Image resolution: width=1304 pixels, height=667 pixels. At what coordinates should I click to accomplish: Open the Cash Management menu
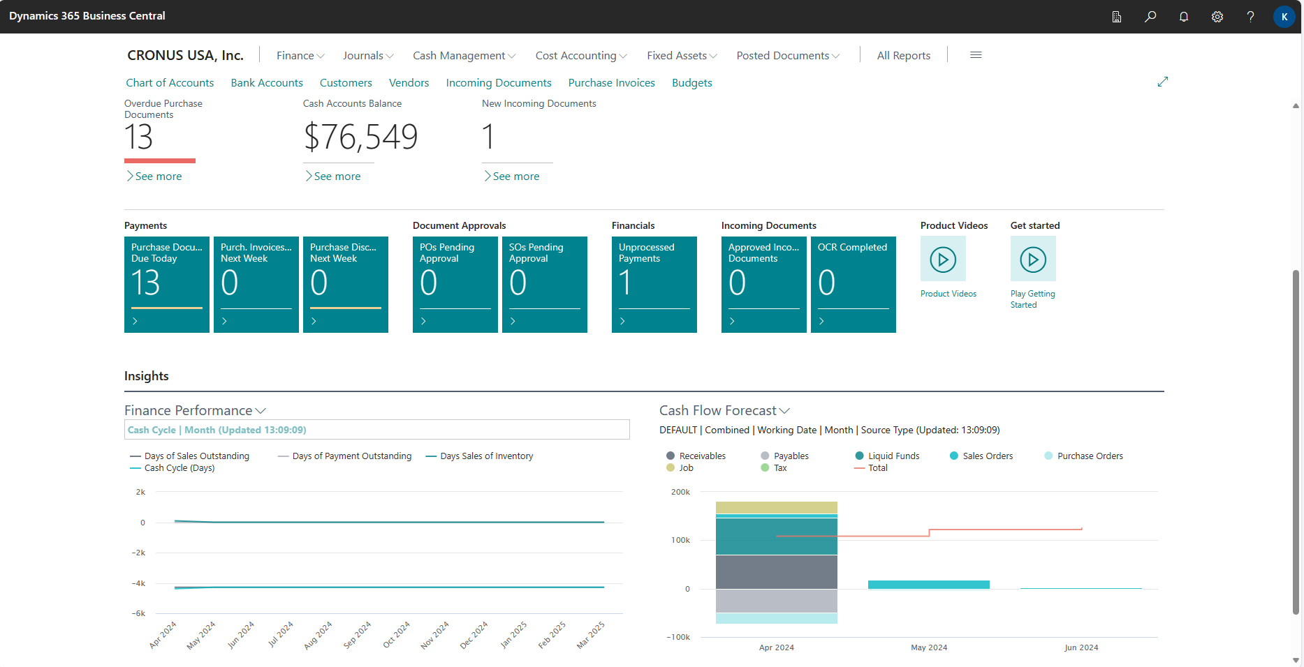(464, 56)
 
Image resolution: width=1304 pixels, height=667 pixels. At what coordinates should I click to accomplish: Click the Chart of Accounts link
(170, 83)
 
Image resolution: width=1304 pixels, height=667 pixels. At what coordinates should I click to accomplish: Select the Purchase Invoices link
(611, 83)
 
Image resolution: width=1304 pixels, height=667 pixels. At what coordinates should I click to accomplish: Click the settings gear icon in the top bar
(1217, 17)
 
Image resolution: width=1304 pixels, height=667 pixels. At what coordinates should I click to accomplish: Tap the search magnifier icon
(1150, 17)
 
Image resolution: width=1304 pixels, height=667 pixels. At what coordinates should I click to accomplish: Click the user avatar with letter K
(1284, 17)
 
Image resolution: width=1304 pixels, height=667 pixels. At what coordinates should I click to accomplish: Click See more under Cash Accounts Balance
(337, 177)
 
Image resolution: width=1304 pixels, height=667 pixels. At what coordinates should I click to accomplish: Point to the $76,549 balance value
(360, 137)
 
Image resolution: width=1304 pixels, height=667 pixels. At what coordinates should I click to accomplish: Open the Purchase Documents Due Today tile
(167, 284)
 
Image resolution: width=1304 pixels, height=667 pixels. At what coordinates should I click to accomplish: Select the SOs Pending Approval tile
(545, 284)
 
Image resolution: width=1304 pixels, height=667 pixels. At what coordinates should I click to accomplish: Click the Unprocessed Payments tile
(654, 284)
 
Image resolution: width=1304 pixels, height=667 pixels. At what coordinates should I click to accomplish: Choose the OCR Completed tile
(854, 284)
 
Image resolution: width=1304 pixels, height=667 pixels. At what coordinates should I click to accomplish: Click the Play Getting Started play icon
(1033, 260)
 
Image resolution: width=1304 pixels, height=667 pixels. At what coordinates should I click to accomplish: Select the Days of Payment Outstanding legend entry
(351, 456)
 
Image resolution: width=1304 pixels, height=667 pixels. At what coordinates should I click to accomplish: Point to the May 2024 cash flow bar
(928, 585)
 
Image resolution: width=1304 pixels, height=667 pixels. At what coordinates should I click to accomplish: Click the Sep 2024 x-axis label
(358, 636)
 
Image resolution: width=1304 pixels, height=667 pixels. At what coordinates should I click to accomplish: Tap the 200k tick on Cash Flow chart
(680, 492)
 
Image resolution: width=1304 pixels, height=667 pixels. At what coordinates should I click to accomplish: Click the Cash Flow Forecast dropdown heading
(724, 411)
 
